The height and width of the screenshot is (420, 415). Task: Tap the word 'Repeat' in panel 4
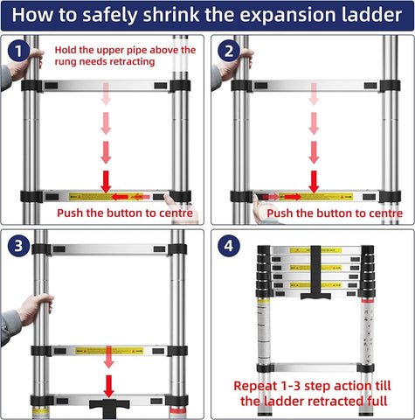coord(259,385)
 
